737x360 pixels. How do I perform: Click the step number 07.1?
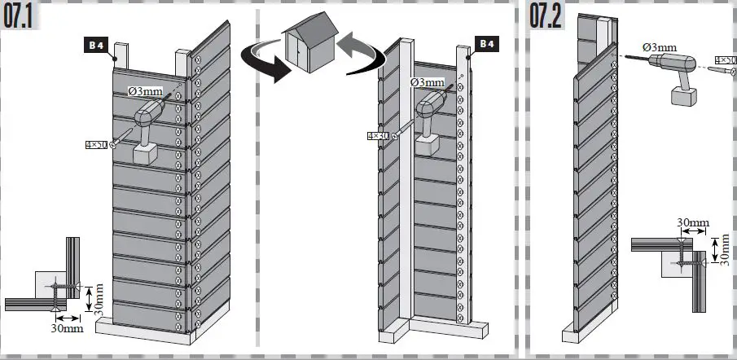[x=24, y=16]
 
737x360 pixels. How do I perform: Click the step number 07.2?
[x=546, y=16]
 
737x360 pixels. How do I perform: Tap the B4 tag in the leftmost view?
[x=94, y=46]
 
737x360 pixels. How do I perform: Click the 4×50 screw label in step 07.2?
[x=725, y=60]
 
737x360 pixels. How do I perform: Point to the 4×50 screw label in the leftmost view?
[x=95, y=145]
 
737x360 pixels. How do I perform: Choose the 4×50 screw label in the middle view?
[x=376, y=136]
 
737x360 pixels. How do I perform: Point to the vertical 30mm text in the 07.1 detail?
[x=99, y=299]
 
